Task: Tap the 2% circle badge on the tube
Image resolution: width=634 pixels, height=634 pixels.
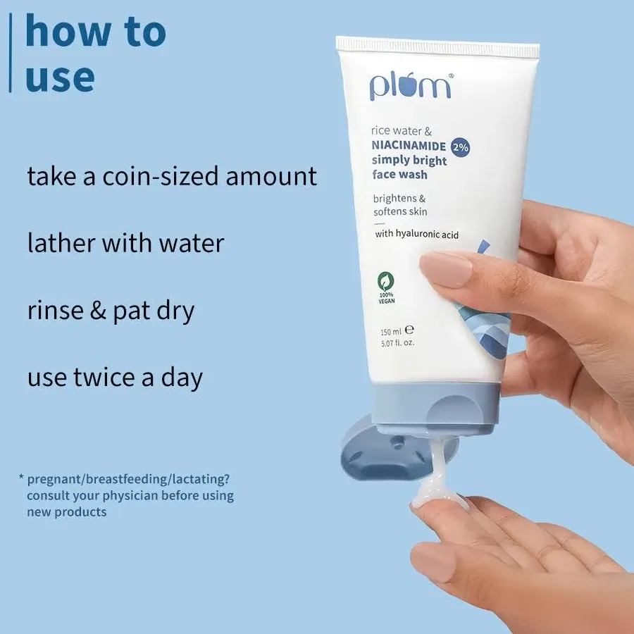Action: [x=461, y=147]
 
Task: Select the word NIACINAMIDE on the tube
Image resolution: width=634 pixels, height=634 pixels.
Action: [x=409, y=147]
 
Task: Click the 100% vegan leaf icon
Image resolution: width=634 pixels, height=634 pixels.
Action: [x=386, y=280]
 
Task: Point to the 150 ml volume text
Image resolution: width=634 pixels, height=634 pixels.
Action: [x=391, y=331]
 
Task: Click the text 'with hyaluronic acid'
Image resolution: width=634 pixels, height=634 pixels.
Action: [x=416, y=234]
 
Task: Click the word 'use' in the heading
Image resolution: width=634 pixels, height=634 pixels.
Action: [x=59, y=77]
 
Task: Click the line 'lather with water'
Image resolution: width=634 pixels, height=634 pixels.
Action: [x=125, y=244]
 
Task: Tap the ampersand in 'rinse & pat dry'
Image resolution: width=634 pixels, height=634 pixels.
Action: [x=98, y=311]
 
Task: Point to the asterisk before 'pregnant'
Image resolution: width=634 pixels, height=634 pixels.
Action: [x=21, y=479]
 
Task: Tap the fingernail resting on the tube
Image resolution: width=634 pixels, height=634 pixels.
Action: [x=445, y=270]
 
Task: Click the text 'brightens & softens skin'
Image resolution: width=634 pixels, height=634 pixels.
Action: [x=400, y=205]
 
